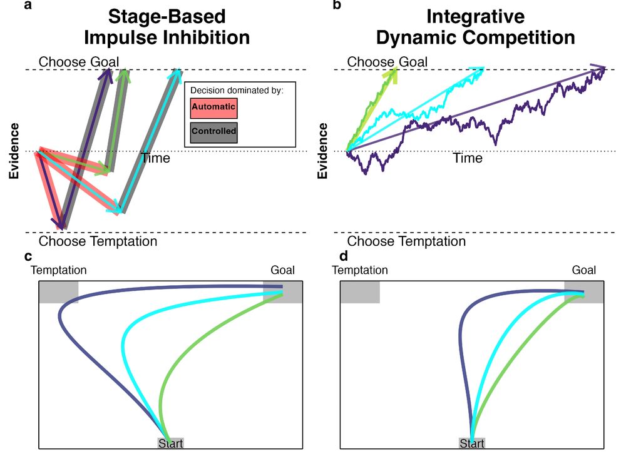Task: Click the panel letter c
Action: (x=28, y=256)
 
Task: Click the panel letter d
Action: (x=344, y=256)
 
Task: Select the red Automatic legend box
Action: (x=213, y=108)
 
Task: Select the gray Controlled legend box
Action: (x=213, y=131)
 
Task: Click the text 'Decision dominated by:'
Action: (x=237, y=91)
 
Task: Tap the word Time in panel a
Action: (x=155, y=158)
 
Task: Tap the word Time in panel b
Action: (x=468, y=158)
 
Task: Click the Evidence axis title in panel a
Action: (x=14, y=151)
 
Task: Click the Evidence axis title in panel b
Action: (x=322, y=151)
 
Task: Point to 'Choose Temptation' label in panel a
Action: (x=98, y=241)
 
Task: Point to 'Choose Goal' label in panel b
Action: (x=387, y=62)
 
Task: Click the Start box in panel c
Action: (x=170, y=443)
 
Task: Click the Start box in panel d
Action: (x=472, y=443)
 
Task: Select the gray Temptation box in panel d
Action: (x=360, y=292)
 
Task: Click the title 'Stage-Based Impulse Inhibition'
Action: (x=167, y=27)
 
